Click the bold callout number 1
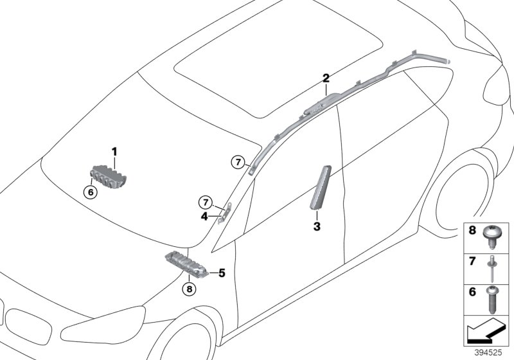pyautogui.click(x=114, y=152)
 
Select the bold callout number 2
pyautogui.click(x=326, y=78)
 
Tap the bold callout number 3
pyautogui.click(x=317, y=226)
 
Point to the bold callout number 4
pyautogui.click(x=204, y=217)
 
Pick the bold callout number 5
pyautogui.click(x=222, y=273)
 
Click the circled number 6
pyautogui.click(x=91, y=192)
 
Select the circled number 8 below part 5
pyautogui.click(x=190, y=289)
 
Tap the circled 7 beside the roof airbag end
pyautogui.click(x=238, y=162)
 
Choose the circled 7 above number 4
pyautogui.click(x=206, y=203)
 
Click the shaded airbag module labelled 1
pyautogui.click(x=108, y=177)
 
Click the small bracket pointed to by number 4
pyautogui.click(x=226, y=213)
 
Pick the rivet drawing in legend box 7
pyautogui.click(x=492, y=269)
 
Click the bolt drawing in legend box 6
pyautogui.click(x=492, y=300)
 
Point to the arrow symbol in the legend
pyautogui.click(x=486, y=331)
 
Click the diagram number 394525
pyautogui.click(x=489, y=353)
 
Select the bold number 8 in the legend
pyautogui.click(x=472, y=231)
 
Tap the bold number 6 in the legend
pyautogui.click(x=472, y=292)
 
